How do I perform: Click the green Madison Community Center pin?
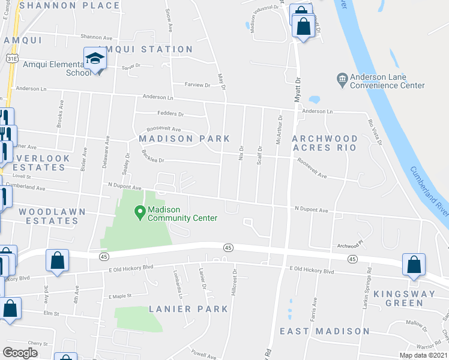click(140, 211)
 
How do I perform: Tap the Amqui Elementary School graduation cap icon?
click(95, 58)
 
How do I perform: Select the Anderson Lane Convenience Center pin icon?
click(342, 78)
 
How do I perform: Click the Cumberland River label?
click(427, 188)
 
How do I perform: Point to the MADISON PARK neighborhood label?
click(184, 139)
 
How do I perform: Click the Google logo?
click(20, 353)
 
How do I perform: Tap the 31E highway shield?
click(11, 59)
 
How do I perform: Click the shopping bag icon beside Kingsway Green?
click(414, 265)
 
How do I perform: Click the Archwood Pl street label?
click(351, 245)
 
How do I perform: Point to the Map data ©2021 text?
click(423, 355)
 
